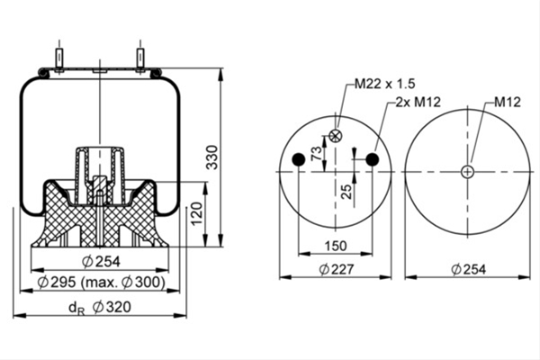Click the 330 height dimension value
tap(212, 157)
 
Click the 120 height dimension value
tap(197, 214)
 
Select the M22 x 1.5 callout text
tap(385, 84)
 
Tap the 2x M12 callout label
tap(418, 102)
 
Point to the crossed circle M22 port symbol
tap(335, 136)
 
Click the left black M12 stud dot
tap(299, 159)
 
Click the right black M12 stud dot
tap(373, 159)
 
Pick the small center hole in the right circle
tap(467, 172)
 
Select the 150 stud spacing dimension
tap(336, 246)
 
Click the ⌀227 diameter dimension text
tap(337, 269)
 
